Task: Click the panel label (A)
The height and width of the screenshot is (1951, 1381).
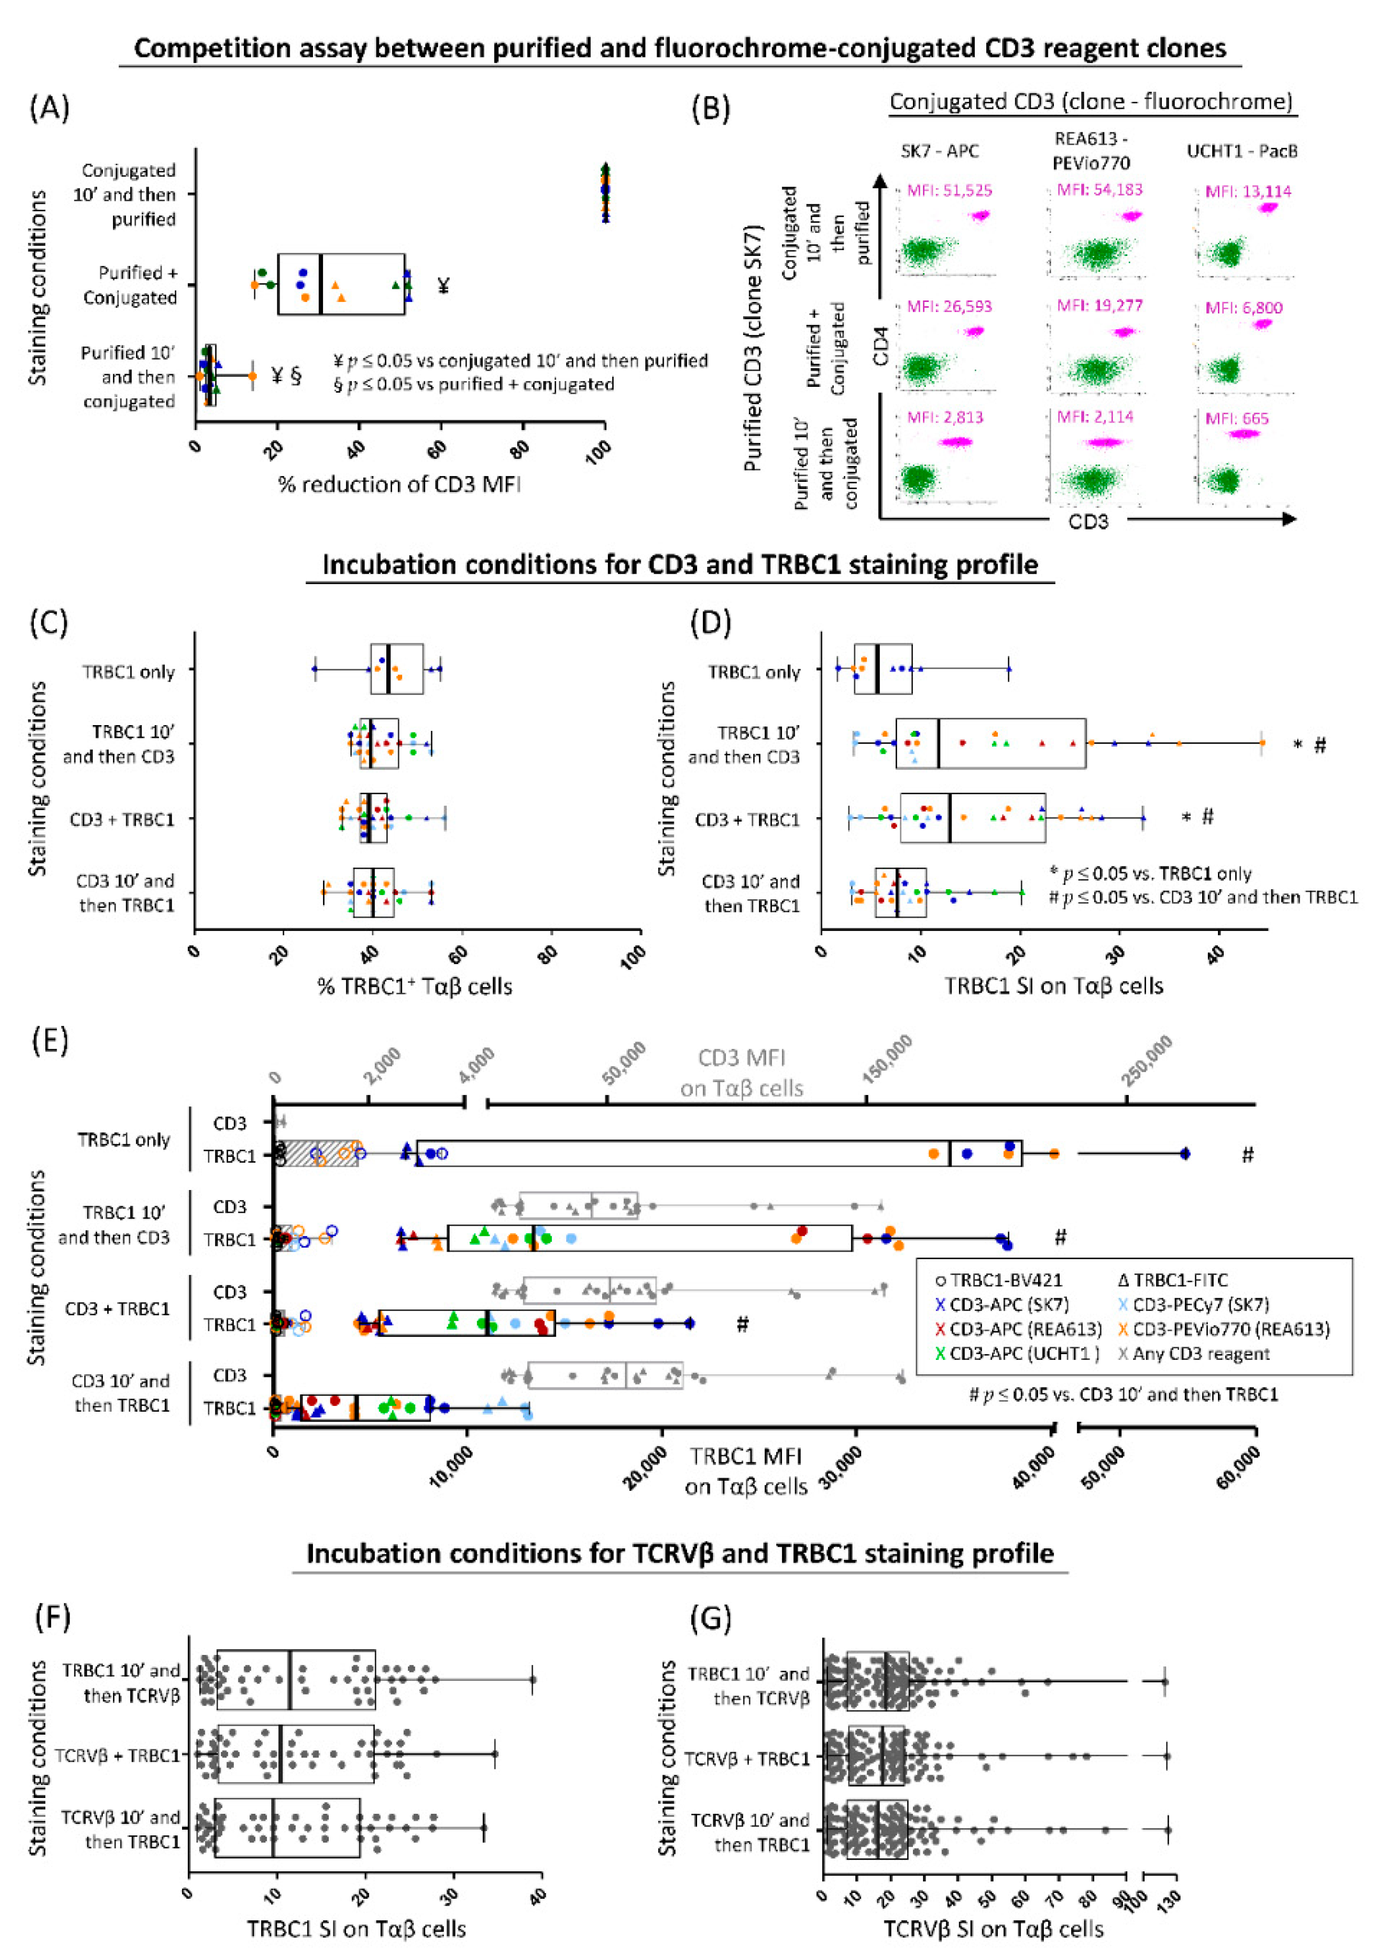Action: coord(49,109)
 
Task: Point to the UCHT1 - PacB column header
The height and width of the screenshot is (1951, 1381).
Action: coord(1242,151)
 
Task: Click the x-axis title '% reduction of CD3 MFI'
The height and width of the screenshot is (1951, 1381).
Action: coord(399,485)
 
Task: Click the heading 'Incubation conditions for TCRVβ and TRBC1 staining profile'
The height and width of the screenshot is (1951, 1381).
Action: coord(680,1554)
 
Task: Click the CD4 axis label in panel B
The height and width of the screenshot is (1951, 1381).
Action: coord(880,349)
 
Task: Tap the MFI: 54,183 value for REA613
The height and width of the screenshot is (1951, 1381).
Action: coord(1100,189)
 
